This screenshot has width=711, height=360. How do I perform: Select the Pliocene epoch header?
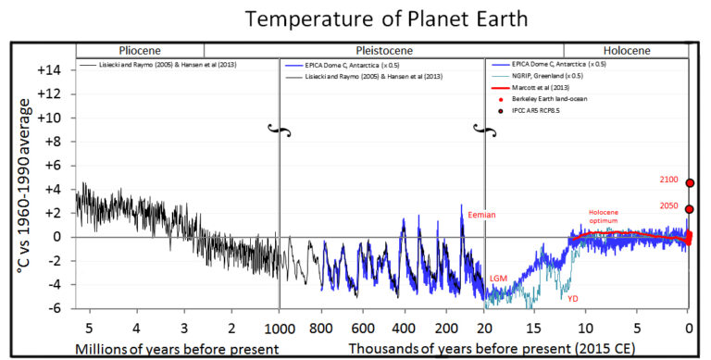pyautogui.click(x=139, y=50)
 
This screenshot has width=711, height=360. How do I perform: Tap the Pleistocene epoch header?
pyautogui.click(x=383, y=50)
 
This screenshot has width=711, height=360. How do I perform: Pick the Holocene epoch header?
pyautogui.click(x=626, y=50)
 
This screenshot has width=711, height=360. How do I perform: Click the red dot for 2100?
pyautogui.click(x=690, y=183)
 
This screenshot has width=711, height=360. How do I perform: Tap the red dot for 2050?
pyautogui.click(x=690, y=209)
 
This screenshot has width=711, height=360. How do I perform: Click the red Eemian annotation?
pyautogui.click(x=481, y=215)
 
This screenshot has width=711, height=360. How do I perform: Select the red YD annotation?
pyautogui.click(x=573, y=298)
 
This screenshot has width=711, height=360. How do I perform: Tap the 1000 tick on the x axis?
pyautogui.click(x=279, y=327)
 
